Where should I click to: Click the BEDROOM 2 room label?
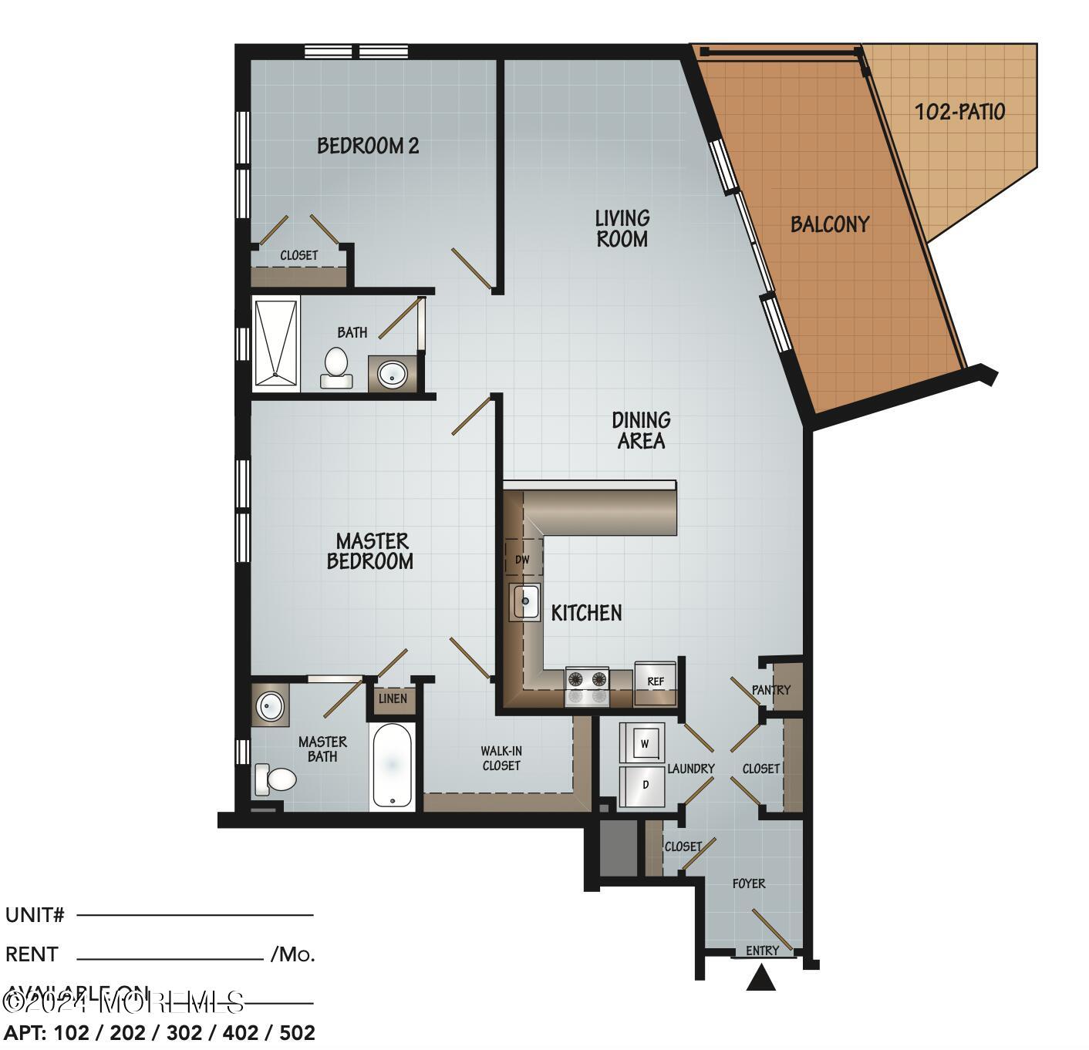[368, 146]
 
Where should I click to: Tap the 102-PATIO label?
[959, 113]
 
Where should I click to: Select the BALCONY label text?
[830, 224]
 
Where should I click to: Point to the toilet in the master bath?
[276, 779]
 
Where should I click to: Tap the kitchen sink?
[525, 601]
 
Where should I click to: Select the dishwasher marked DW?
[523, 560]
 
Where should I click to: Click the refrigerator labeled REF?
[656, 682]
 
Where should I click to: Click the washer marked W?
[642, 744]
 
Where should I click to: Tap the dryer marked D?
[642, 786]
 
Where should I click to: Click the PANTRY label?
[771, 689]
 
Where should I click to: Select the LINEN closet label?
[393, 699]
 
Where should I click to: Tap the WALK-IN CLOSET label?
[501, 758]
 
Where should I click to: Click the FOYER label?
[749, 883]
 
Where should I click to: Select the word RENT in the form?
[32, 954]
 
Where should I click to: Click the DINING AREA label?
[641, 430]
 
